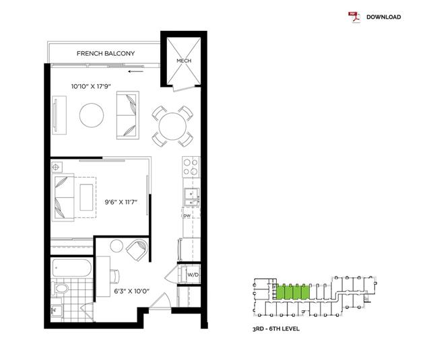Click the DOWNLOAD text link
(383, 17)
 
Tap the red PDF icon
(354, 17)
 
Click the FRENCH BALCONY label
(106, 54)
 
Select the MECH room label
(184, 61)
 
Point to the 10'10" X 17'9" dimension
(91, 87)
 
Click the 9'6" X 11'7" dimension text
(121, 203)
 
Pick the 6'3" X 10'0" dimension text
(132, 291)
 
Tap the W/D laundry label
(193, 275)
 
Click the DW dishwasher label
(187, 216)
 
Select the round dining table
(172, 127)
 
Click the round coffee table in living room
(92, 115)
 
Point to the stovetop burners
(191, 167)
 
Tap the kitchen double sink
(191, 197)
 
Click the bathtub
(71, 268)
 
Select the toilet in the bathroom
(60, 289)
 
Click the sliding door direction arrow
(136, 72)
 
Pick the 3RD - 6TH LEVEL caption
(276, 328)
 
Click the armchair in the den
(137, 250)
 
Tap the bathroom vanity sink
(57, 311)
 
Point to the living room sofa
(128, 115)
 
